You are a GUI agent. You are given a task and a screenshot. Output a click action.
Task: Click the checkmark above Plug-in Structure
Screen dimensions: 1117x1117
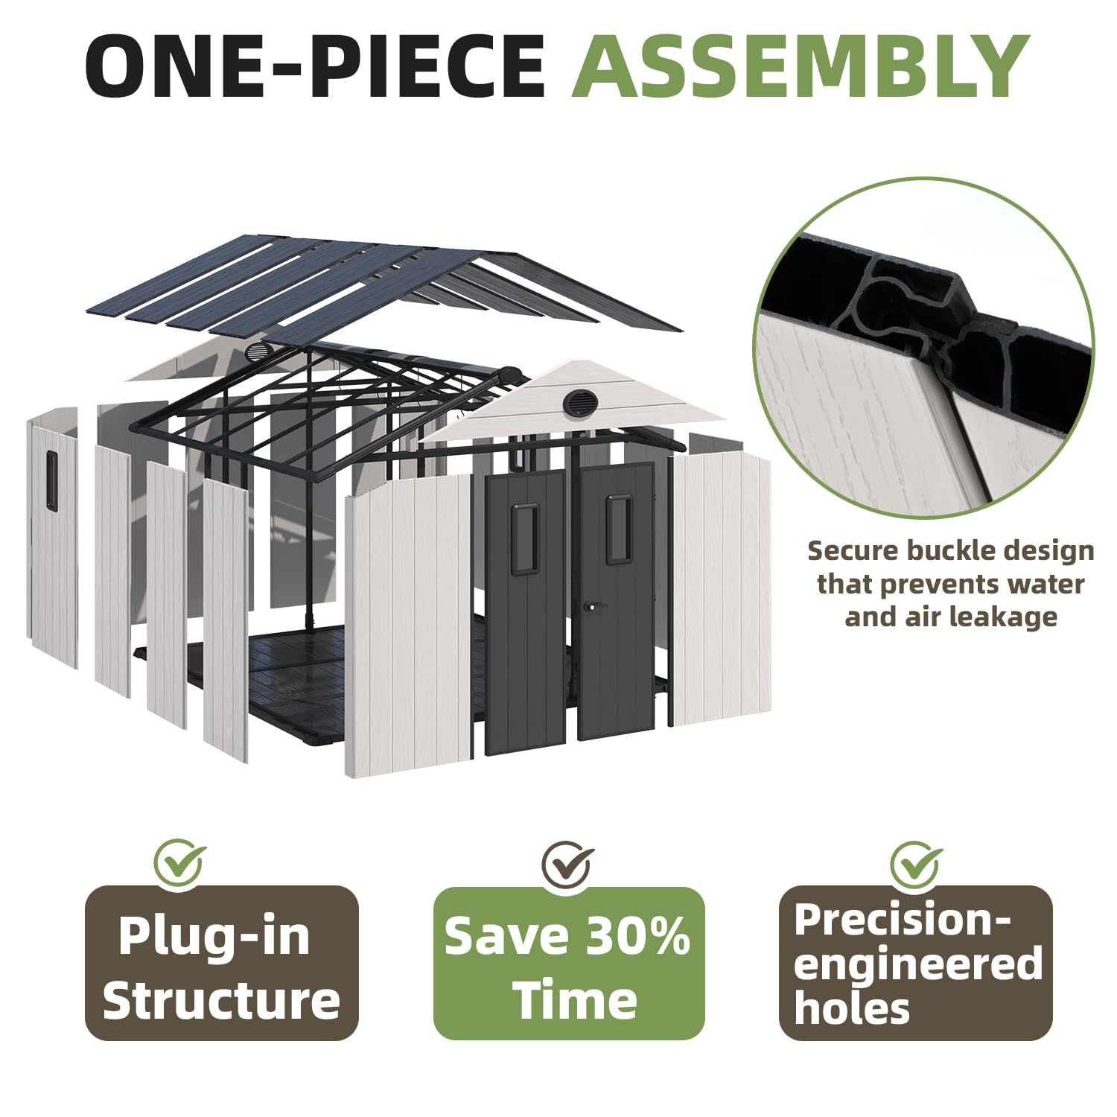coord(179,863)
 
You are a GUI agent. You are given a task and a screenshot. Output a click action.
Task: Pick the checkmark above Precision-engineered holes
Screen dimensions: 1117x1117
coord(915,865)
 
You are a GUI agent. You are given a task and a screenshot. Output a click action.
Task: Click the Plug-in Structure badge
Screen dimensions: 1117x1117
coord(222,963)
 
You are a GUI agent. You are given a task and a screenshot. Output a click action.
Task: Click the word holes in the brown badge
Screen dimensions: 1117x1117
coord(852,1008)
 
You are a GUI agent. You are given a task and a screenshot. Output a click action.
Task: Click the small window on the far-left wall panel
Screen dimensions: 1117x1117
coord(51,480)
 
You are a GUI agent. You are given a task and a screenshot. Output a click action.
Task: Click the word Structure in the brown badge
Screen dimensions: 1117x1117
coord(222,1000)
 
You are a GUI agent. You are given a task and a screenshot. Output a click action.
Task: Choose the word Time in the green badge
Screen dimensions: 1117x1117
coord(576,1000)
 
